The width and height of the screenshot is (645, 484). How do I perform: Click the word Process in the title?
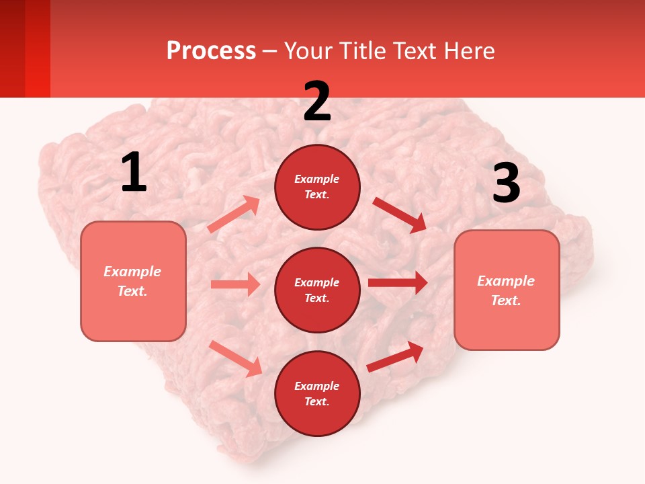pos(211,51)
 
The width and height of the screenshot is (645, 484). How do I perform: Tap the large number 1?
pos(134,173)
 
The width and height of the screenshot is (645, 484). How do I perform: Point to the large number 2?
pos(317,102)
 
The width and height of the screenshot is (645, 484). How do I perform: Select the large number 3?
pos(506,184)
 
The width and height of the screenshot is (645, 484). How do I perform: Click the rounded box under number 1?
pos(133,281)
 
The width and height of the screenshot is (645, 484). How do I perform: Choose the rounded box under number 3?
pos(507,290)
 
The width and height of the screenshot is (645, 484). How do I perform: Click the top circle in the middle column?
pos(317,187)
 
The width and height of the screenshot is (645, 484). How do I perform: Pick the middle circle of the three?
pos(317,290)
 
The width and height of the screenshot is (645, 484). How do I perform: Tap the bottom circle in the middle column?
pos(317,393)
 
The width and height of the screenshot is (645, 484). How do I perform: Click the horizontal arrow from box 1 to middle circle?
pos(235,284)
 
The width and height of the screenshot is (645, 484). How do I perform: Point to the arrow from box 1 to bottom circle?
pos(236,358)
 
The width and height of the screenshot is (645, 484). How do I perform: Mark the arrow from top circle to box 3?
pos(399,214)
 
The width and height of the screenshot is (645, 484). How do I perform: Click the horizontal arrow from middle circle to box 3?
pos(397,283)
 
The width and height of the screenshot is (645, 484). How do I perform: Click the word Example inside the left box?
pos(132,272)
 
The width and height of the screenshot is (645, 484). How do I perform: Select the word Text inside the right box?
pos(505,300)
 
